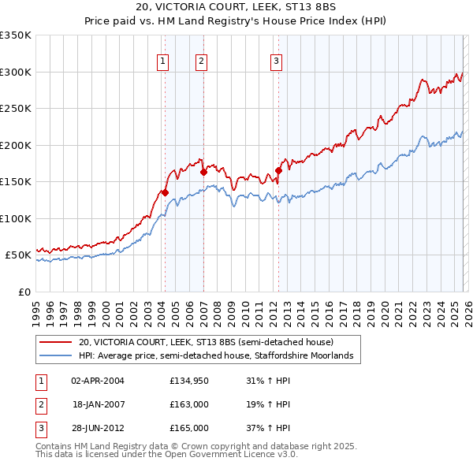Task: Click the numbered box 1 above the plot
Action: tap(162, 61)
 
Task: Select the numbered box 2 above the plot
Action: tap(201, 61)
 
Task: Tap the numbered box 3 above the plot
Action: tap(277, 61)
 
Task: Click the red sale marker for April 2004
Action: tap(165, 192)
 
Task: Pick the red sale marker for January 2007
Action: tap(203, 171)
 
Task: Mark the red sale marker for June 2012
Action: tap(279, 169)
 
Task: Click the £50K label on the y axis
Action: tap(19, 255)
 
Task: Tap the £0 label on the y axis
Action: tap(24, 292)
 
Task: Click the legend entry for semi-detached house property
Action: tap(206, 342)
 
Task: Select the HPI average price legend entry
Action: tap(220, 356)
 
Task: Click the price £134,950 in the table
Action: tap(188, 381)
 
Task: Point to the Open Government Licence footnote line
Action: tap(166, 455)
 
